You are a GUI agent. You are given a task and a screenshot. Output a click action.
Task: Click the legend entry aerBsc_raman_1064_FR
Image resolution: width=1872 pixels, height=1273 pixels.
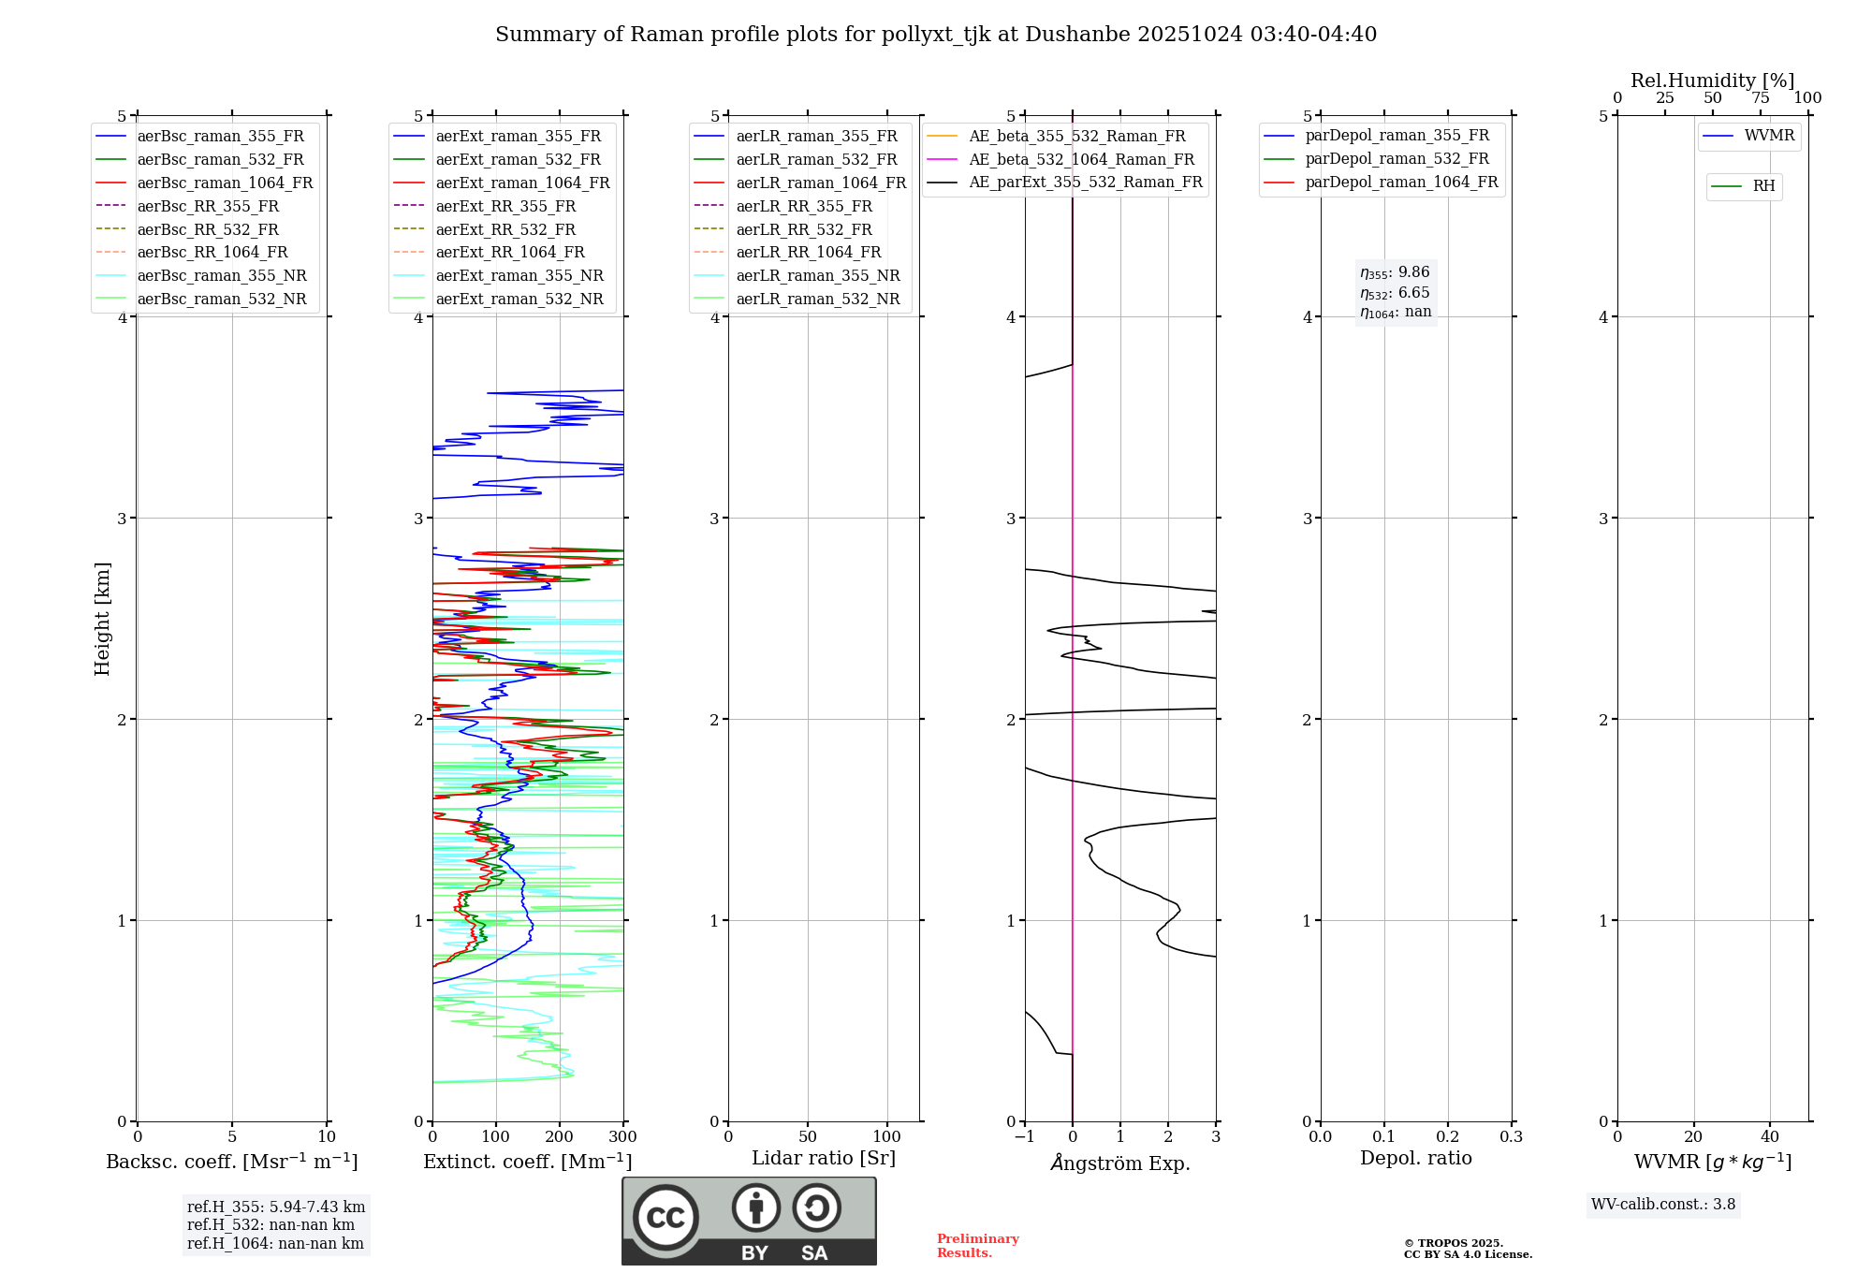[225, 183]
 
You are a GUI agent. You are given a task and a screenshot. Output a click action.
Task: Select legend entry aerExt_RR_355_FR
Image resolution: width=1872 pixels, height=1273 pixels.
[505, 206]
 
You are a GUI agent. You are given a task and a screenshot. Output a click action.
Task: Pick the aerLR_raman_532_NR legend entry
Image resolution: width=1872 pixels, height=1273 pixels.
[817, 299]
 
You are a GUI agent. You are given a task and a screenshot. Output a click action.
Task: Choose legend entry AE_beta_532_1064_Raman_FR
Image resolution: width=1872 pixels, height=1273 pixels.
[1081, 159]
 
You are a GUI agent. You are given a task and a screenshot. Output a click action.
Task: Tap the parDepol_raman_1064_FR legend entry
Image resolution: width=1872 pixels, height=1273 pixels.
[1401, 182]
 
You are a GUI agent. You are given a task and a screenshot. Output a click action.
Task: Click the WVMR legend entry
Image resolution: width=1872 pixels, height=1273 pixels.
[1769, 136]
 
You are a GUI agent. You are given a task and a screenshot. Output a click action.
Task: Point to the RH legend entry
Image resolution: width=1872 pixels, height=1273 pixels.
[1763, 186]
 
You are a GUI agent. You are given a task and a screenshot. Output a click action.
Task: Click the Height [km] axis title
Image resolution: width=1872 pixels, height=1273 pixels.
[102, 619]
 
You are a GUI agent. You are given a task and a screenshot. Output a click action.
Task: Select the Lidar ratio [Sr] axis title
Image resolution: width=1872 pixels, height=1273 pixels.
[824, 1158]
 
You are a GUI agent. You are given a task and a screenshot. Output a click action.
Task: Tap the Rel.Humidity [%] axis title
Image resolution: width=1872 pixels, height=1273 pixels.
[1712, 80]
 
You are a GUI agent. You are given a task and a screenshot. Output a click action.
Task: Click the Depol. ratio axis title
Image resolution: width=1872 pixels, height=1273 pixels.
[1415, 1158]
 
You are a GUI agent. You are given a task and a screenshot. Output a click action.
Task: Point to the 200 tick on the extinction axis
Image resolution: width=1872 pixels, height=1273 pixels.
[559, 1137]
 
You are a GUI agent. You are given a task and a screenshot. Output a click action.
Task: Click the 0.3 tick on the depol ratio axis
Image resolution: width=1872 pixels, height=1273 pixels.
[1511, 1137]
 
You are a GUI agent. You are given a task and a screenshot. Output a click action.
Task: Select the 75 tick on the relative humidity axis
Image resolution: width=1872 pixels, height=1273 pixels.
[1760, 98]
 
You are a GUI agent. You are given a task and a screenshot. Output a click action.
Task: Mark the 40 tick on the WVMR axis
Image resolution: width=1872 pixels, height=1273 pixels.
[1769, 1137]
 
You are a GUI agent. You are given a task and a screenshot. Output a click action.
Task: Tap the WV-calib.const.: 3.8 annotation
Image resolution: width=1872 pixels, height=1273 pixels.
[1662, 1205]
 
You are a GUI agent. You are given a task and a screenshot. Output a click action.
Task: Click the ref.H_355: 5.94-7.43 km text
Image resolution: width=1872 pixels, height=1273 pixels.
[276, 1207]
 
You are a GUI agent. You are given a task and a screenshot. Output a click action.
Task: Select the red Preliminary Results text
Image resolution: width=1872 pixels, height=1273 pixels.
[977, 1246]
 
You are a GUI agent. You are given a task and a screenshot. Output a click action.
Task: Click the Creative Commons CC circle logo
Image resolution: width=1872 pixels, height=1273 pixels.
[665, 1218]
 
